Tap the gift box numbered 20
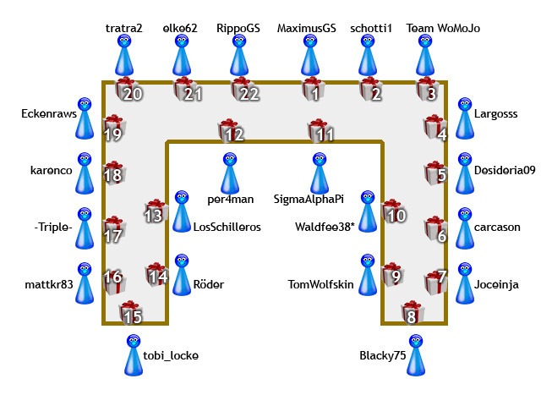pyautogui.click(x=127, y=89)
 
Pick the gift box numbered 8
pyautogui.click(x=412, y=312)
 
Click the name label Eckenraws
pyautogui.click(x=49, y=113)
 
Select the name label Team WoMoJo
pyautogui.click(x=443, y=28)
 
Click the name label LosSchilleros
pyautogui.click(x=227, y=227)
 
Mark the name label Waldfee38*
pyautogui.click(x=324, y=227)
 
